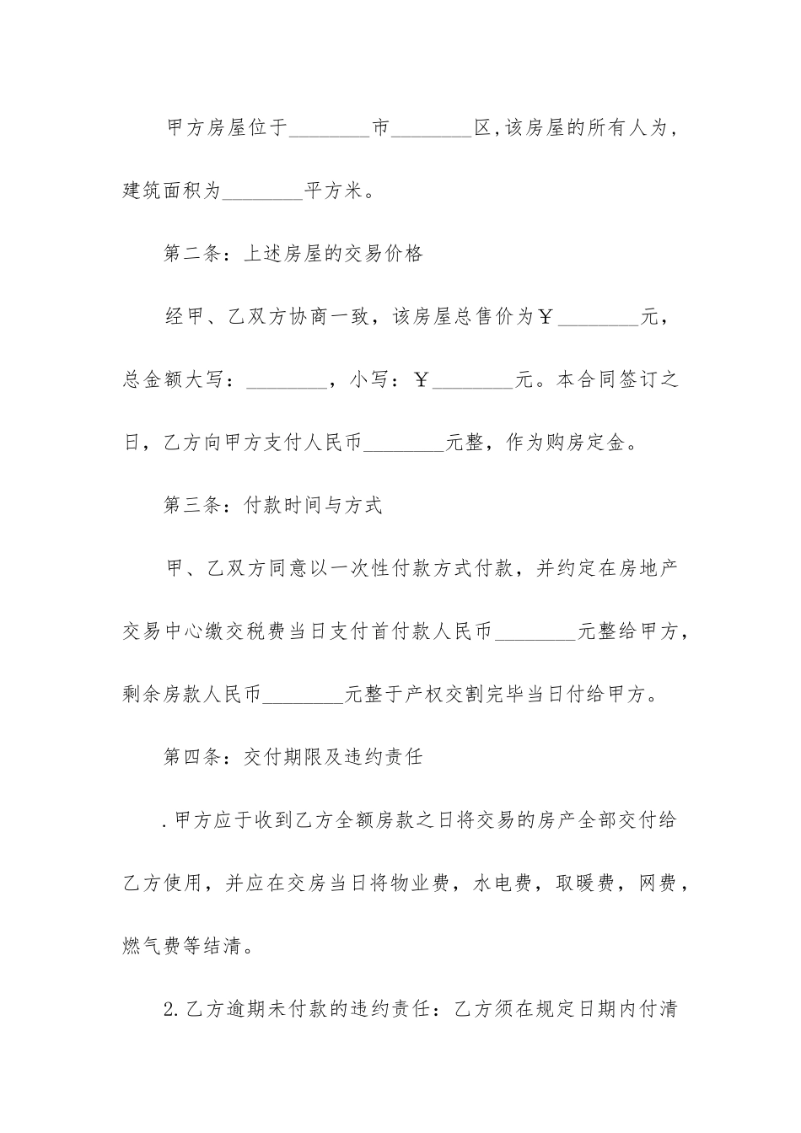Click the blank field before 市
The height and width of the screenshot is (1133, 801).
[x=330, y=129]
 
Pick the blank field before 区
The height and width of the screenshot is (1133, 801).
[x=433, y=129]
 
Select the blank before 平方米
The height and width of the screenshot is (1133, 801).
[x=261, y=191]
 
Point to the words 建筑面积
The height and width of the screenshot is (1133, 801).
[x=162, y=191]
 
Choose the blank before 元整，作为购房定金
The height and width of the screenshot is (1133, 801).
[x=403, y=443]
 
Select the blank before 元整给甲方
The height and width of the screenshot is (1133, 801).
[x=535, y=631]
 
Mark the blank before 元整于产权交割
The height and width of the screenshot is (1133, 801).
[x=303, y=694]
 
